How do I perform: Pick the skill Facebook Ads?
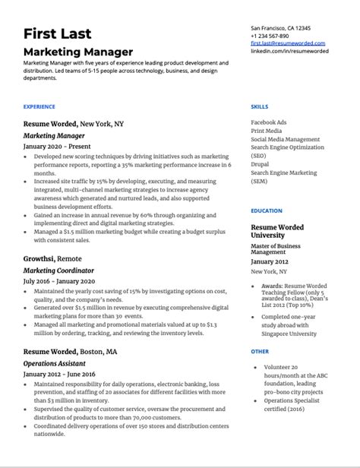coord(269,122)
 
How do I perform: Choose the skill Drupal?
coord(261,164)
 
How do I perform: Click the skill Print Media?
coord(267,130)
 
